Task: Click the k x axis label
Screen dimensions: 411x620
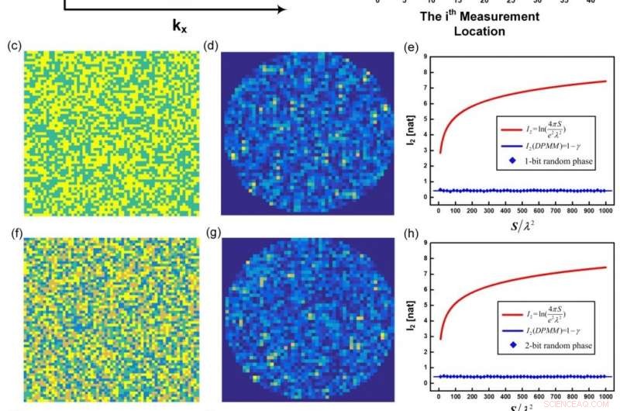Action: [180, 25]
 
